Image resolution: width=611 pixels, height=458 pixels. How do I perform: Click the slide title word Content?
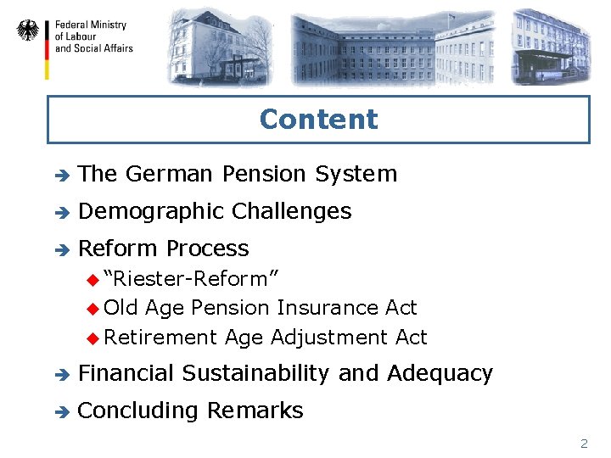(x=318, y=119)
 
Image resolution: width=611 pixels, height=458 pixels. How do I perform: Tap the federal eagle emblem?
(x=28, y=31)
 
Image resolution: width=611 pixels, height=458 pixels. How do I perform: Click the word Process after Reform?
(x=207, y=249)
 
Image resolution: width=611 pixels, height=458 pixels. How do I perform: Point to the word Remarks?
(x=255, y=411)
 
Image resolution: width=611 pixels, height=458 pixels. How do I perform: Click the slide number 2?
(x=583, y=443)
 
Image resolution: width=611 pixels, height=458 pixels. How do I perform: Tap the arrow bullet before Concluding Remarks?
(x=59, y=411)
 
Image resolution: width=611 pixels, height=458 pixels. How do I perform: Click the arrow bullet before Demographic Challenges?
(x=59, y=212)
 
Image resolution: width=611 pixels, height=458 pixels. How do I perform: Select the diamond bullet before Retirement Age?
(x=93, y=338)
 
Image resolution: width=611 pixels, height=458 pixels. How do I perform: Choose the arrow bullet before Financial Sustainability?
(x=59, y=374)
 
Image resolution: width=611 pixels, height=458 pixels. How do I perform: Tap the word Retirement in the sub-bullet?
(x=161, y=337)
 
